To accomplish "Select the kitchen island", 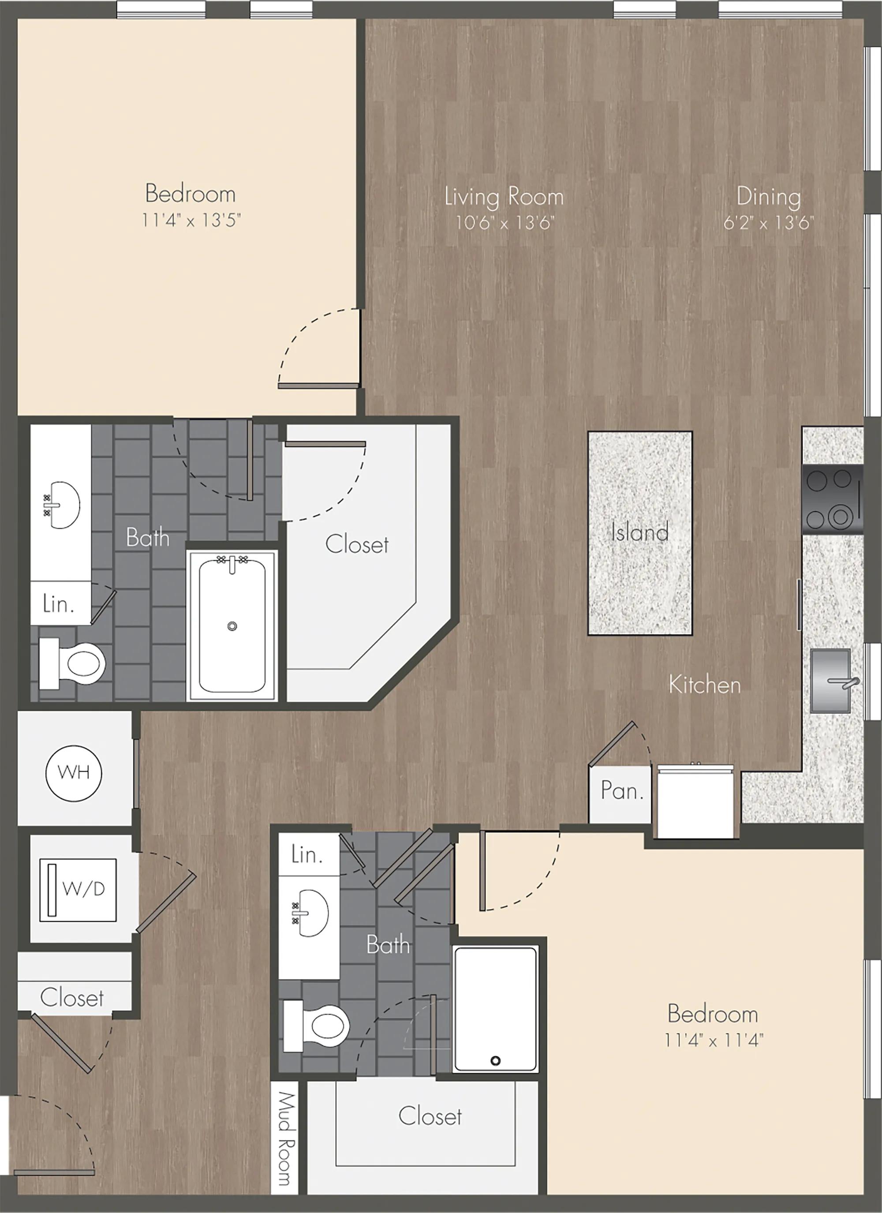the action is [640, 533].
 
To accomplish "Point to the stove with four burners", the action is [832, 499].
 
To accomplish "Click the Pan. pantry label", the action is [621, 790].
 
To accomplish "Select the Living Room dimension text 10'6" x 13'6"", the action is [505, 222].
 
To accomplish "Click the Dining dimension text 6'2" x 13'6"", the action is [768, 222].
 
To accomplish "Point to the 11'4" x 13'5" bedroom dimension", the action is [191, 220].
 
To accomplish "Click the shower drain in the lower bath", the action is [495, 1060].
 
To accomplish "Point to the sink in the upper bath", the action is [62, 504].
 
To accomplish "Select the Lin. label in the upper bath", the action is [58, 604].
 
